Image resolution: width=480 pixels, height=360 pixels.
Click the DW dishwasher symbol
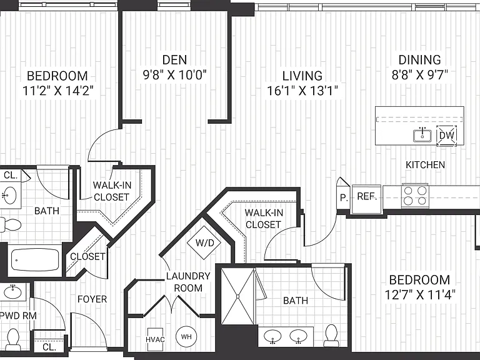(447, 136)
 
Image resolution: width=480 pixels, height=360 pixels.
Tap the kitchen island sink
(422, 136)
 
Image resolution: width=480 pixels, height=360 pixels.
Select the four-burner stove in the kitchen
(415, 196)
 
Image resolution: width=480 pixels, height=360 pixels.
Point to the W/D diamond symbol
(204, 243)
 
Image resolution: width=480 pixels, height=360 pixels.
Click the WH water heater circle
(186, 337)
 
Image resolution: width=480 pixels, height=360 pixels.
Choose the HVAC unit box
(155, 339)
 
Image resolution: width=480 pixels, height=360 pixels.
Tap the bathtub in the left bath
(35, 259)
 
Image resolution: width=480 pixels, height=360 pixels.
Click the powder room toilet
(13, 339)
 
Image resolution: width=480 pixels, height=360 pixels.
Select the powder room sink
(12, 292)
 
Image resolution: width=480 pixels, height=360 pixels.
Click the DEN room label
(174, 60)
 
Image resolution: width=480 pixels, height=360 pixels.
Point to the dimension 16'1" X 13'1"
(302, 91)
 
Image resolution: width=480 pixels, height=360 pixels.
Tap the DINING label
(420, 60)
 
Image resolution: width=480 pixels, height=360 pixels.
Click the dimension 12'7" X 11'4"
(420, 295)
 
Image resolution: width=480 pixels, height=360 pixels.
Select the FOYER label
(92, 299)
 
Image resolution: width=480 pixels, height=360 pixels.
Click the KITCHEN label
(425, 165)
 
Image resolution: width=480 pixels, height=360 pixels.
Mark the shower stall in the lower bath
(238, 296)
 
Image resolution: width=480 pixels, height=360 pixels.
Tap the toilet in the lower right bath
(331, 336)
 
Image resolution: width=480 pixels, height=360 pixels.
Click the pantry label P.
(344, 197)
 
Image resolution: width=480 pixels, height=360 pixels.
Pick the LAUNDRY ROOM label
(188, 282)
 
